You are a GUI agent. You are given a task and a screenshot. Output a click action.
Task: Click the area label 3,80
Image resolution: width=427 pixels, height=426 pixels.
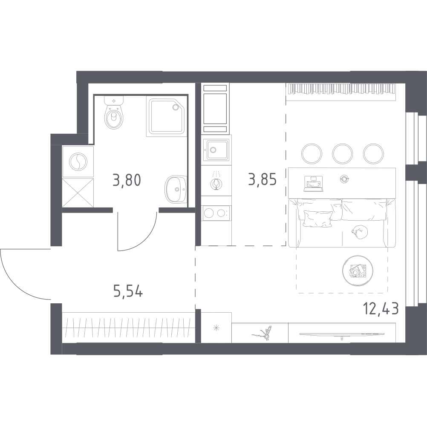(127, 180)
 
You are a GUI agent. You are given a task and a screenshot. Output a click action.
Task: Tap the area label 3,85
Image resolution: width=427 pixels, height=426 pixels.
(262, 179)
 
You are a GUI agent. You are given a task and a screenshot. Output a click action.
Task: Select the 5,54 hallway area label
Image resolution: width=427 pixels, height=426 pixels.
(128, 291)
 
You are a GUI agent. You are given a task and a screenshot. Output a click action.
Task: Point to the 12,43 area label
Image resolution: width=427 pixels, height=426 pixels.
(381, 309)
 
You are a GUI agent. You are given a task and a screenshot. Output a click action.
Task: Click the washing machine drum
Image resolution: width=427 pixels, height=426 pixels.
(78, 162)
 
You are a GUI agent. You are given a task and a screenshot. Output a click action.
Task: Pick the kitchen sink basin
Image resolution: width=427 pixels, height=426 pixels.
(217, 150)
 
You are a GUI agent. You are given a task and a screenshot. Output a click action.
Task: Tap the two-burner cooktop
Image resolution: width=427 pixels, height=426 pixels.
(216, 213)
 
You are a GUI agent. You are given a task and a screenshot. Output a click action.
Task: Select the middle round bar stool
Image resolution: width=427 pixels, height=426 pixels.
(342, 154)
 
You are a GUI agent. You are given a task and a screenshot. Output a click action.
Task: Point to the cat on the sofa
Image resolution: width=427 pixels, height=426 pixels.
(360, 232)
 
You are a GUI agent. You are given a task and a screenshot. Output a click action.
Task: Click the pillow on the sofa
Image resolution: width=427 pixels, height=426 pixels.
(318, 219)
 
